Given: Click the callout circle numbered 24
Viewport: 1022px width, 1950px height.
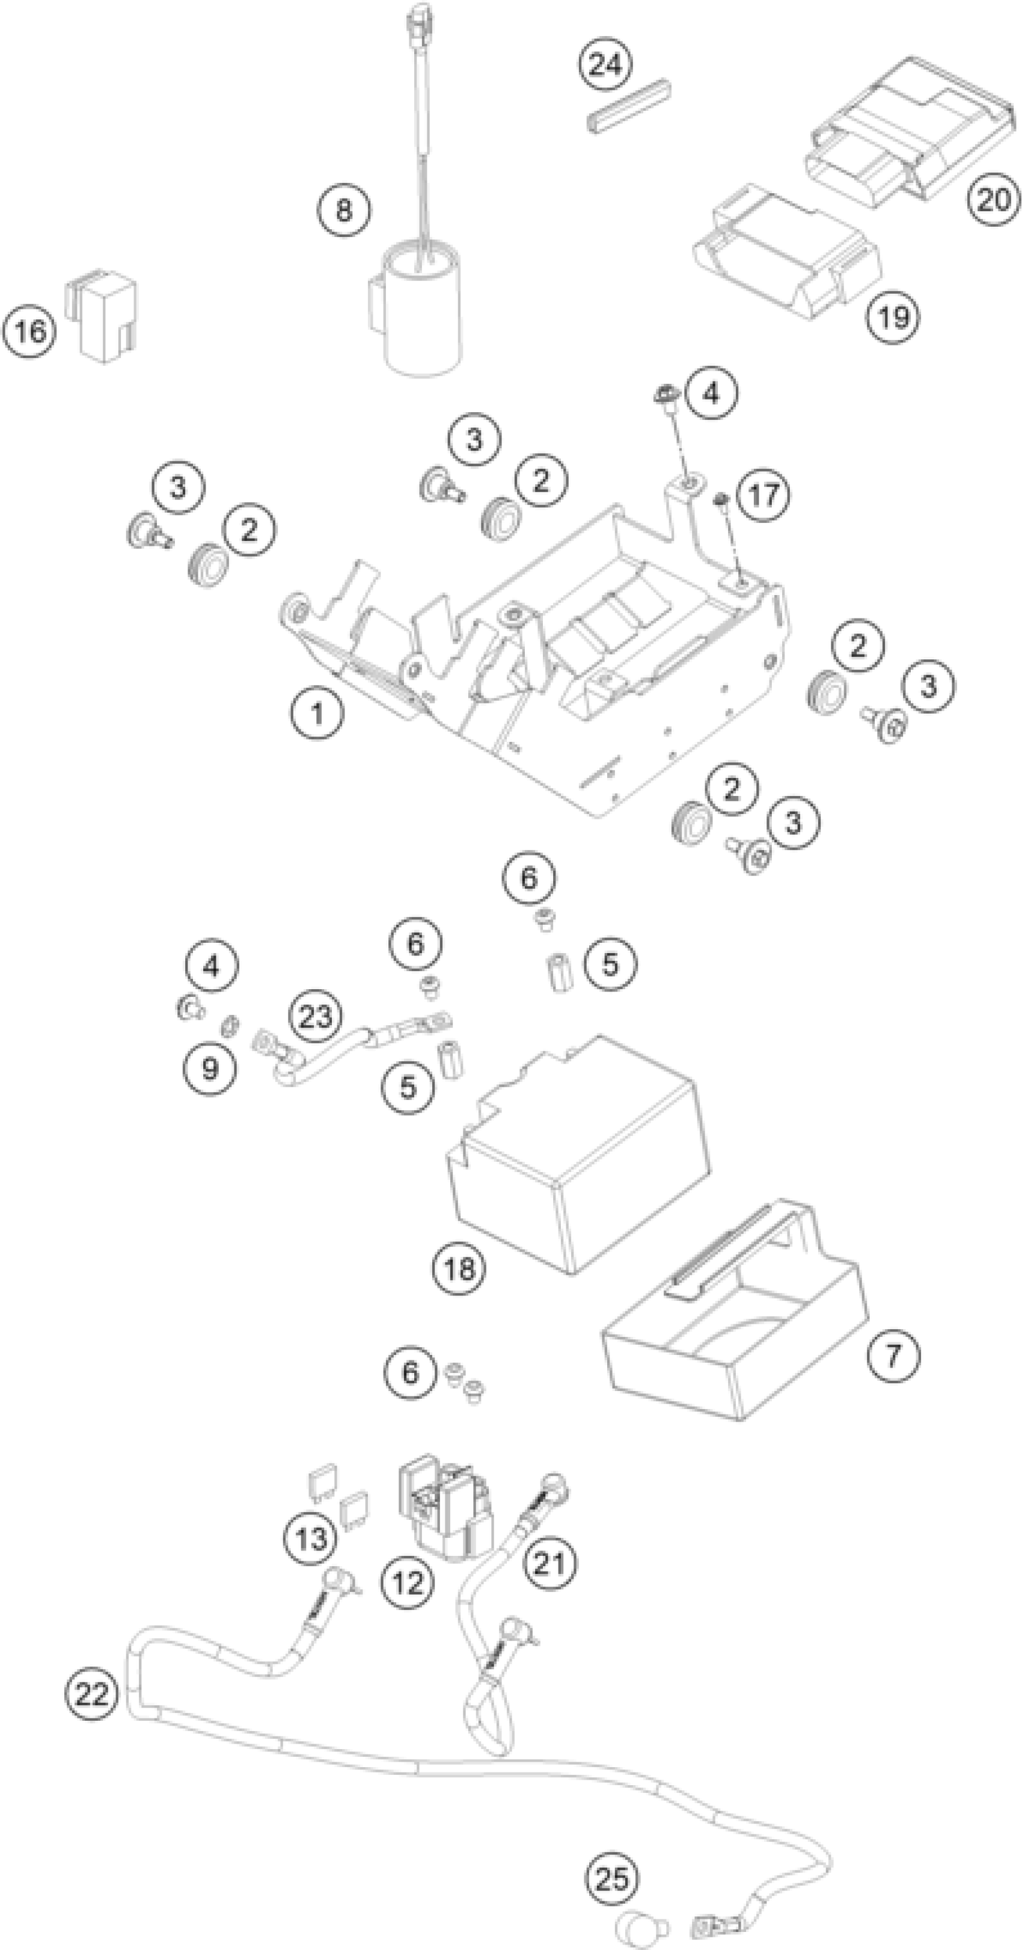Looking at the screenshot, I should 605,64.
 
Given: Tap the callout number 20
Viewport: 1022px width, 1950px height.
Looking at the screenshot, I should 993,200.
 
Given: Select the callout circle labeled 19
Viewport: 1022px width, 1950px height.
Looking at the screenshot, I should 893,316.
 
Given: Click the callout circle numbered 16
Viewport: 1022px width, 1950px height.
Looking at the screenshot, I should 29,331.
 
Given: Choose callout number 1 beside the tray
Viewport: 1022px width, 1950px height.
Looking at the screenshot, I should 317,712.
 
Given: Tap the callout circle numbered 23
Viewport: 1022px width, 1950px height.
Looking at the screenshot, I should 316,1016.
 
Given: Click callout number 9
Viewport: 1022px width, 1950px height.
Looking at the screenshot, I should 210,1068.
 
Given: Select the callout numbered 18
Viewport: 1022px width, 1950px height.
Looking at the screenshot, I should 459,1267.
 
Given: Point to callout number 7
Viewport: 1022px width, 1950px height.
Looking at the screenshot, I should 893,1354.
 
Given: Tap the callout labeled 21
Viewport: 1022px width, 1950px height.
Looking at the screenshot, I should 550,1563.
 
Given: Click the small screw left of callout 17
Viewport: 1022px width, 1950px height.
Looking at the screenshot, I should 721,499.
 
